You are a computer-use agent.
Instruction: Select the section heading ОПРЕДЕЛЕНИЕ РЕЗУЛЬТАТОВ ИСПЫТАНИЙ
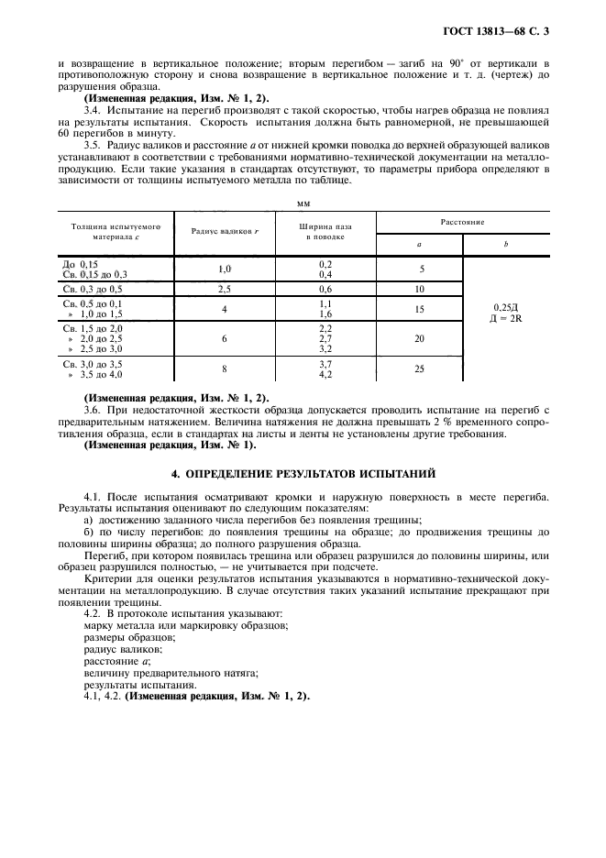pos(303,473)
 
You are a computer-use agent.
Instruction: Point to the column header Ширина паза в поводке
pos(325,231)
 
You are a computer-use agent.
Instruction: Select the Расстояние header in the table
pos(463,222)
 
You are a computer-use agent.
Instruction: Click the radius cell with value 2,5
pos(223,288)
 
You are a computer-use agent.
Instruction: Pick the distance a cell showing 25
pos(420,368)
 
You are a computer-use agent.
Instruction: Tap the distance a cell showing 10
pos(420,288)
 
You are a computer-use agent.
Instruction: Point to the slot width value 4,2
pos(325,374)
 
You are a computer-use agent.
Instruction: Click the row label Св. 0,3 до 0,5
pos(91,288)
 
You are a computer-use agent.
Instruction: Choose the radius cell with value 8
pos(223,368)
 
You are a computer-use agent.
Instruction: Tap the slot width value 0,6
pos(325,288)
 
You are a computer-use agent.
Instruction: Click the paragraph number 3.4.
pos(92,110)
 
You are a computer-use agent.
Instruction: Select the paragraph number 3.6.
pos(92,410)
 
